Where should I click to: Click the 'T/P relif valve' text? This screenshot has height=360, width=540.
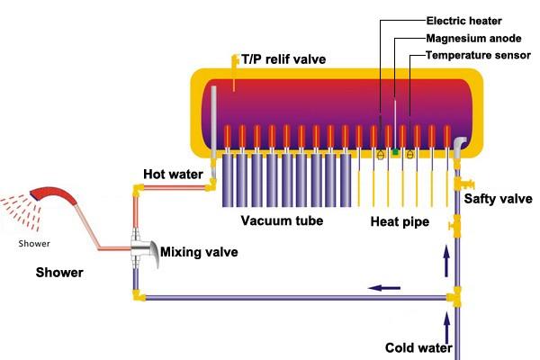click(283, 59)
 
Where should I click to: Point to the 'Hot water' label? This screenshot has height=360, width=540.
click(173, 173)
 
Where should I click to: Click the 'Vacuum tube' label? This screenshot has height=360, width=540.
click(282, 220)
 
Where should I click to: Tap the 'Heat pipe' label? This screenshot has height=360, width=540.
click(400, 220)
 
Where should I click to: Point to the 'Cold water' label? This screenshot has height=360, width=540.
click(418, 347)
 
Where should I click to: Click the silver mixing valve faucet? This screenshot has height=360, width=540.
click(144, 245)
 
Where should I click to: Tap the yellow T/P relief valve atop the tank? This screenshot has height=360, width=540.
click(235, 61)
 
